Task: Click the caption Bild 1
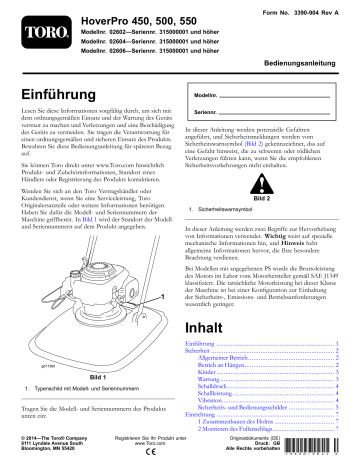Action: [98, 347]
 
